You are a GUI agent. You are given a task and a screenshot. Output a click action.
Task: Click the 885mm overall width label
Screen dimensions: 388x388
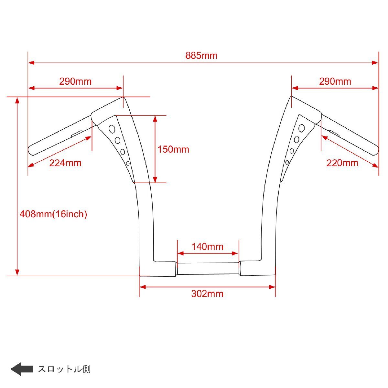pyautogui.click(x=201, y=55)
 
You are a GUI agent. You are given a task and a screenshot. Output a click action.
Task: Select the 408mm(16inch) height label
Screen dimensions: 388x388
pyautogui.click(x=53, y=214)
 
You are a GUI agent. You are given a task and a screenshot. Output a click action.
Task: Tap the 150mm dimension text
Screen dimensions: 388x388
pyautogui.click(x=173, y=149)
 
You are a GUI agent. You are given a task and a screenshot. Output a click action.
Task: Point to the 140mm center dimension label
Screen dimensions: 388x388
pyautogui.click(x=207, y=247)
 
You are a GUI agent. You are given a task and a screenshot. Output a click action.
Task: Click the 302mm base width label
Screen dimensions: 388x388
pyautogui.click(x=207, y=294)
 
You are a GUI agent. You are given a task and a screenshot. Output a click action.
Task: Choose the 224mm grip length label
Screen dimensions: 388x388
pyautogui.click(x=65, y=163)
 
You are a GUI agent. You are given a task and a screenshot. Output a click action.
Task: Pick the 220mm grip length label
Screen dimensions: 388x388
pyautogui.click(x=342, y=163)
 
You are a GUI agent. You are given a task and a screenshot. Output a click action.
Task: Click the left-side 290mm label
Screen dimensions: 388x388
pyautogui.click(x=75, y=81)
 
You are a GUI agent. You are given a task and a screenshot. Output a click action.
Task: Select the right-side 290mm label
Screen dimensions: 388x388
pyautogui.click(x=335, y=81)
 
